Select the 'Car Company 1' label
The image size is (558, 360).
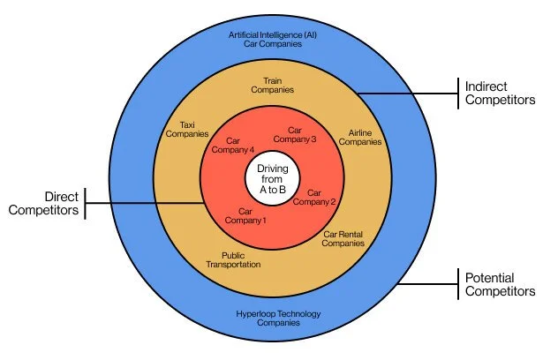click(x=252, y=215)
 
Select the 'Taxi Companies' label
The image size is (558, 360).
click(x=186, y=131)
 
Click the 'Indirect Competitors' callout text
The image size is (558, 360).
click(x=501, y=94)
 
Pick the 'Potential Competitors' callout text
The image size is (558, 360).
click(x=501, y=284)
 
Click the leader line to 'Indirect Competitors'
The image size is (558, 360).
click(x=406, y=94)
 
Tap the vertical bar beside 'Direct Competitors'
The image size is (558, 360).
click(x=86, y=204)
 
